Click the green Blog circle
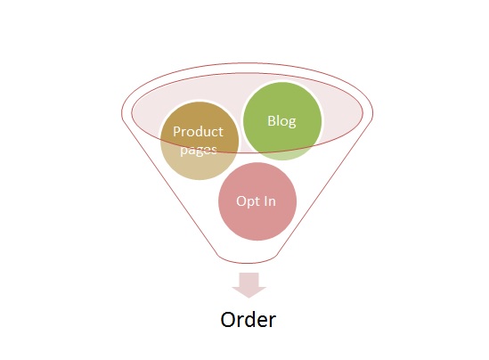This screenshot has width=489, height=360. [282, 121]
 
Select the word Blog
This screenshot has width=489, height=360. [281, 121]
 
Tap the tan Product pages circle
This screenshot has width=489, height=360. [200, 141]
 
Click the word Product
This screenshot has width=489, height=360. [198, 131]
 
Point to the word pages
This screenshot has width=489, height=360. [199, 151]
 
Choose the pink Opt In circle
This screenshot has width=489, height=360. [257, 201]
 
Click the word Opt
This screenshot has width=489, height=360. [246, 202]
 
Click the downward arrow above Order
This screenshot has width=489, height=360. [249, 285]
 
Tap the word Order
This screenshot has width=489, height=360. [249, 319]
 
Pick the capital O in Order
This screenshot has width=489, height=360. [228, 319]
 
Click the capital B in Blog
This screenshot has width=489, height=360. [272, 120]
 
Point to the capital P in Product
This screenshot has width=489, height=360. [176, 132]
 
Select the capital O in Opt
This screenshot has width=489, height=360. [241, 201]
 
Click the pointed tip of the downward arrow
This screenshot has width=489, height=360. [249, 298]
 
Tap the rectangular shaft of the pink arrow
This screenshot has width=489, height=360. [249, 280]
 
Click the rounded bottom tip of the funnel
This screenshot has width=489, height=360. [248, 263]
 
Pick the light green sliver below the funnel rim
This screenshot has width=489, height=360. [285, 155]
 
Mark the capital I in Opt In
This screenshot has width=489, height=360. [263, 201]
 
